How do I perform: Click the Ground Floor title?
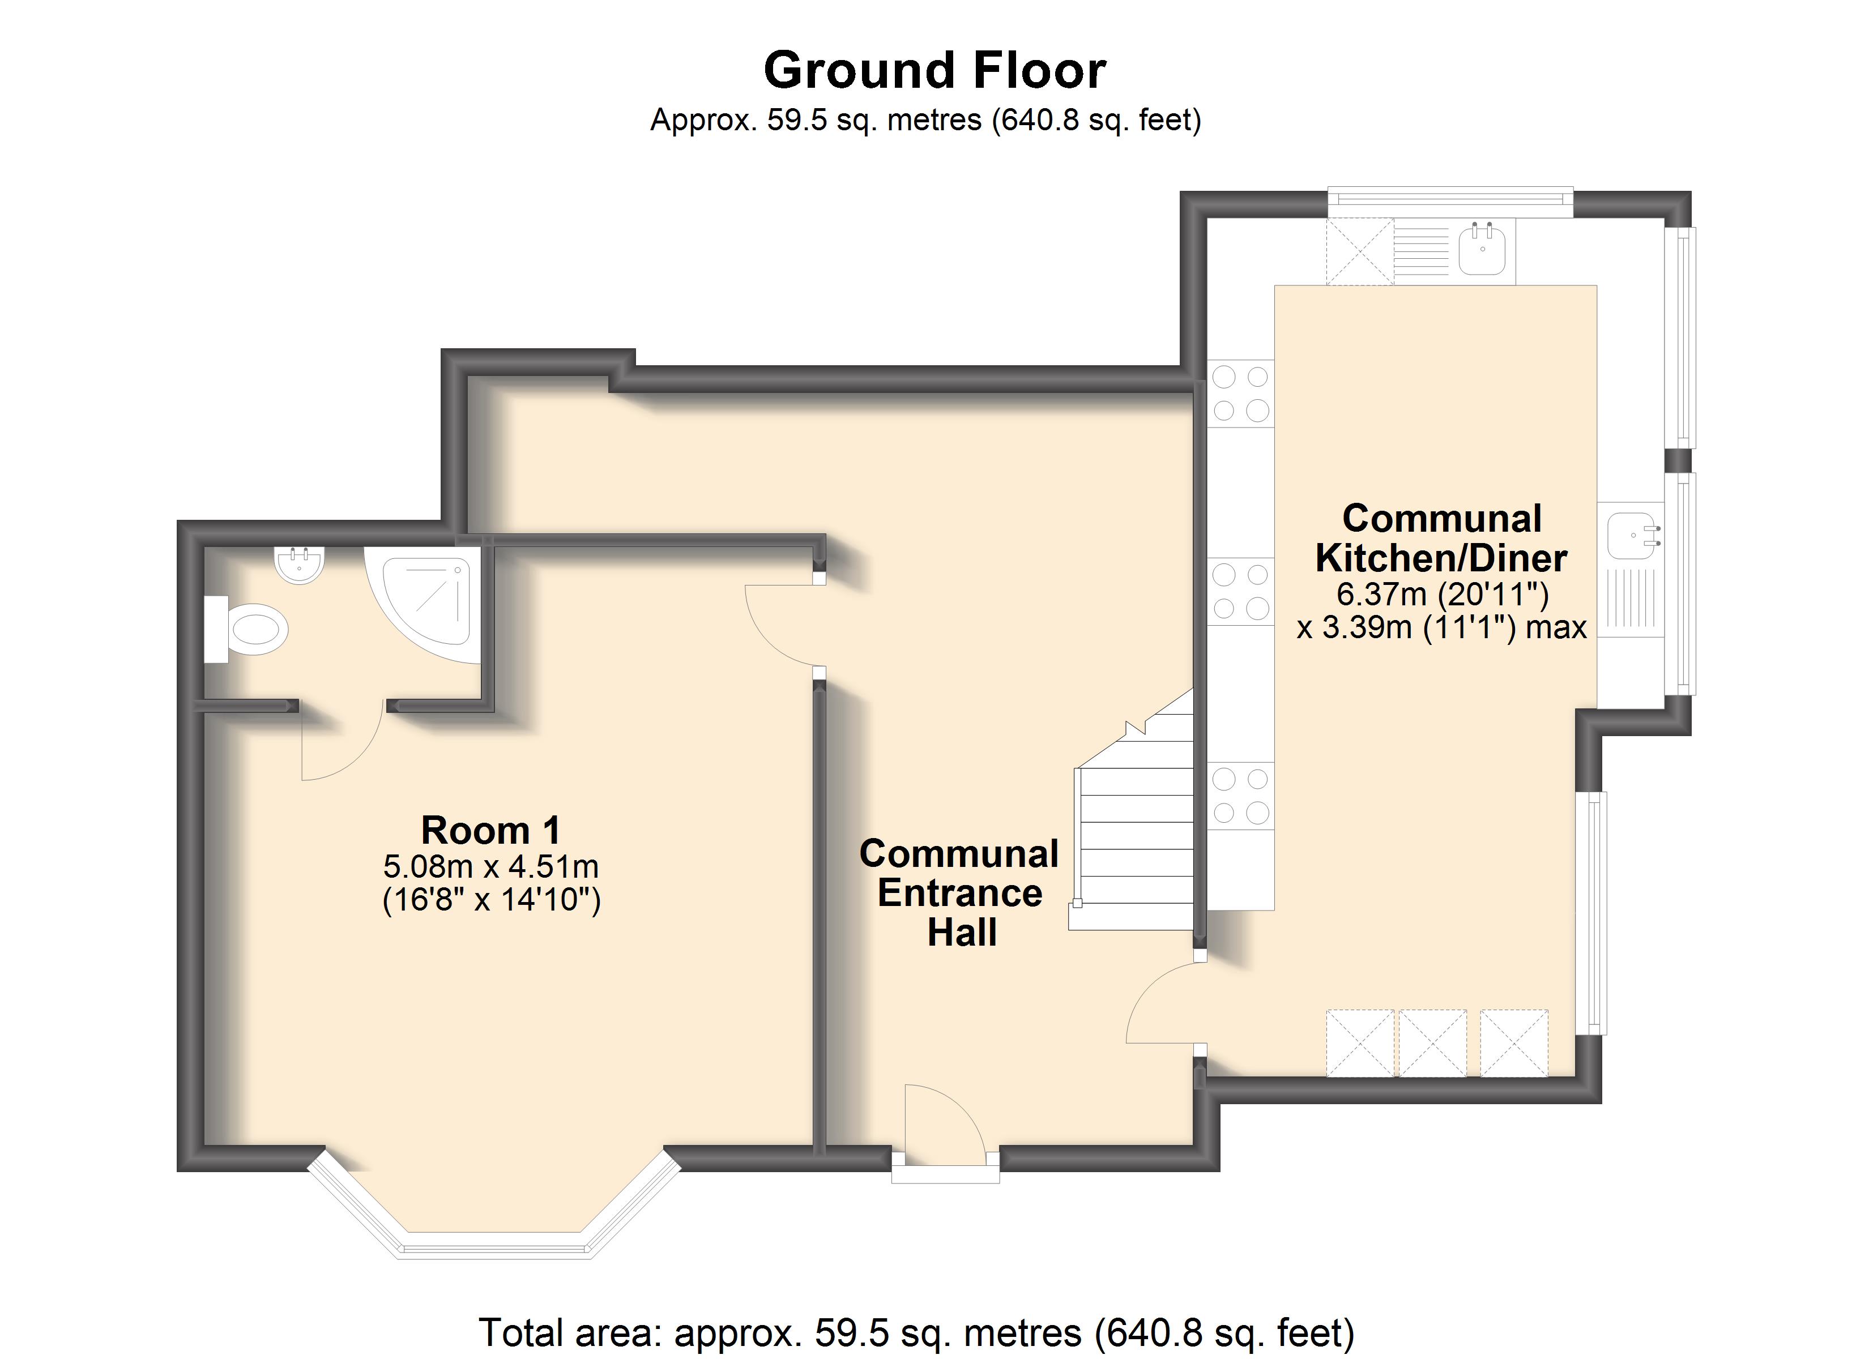[935, 70]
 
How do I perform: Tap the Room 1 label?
[491, 830]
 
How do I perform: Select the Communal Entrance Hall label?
[960, 892]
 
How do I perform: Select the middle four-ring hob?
[1240, 592]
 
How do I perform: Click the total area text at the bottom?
[916, 1332]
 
